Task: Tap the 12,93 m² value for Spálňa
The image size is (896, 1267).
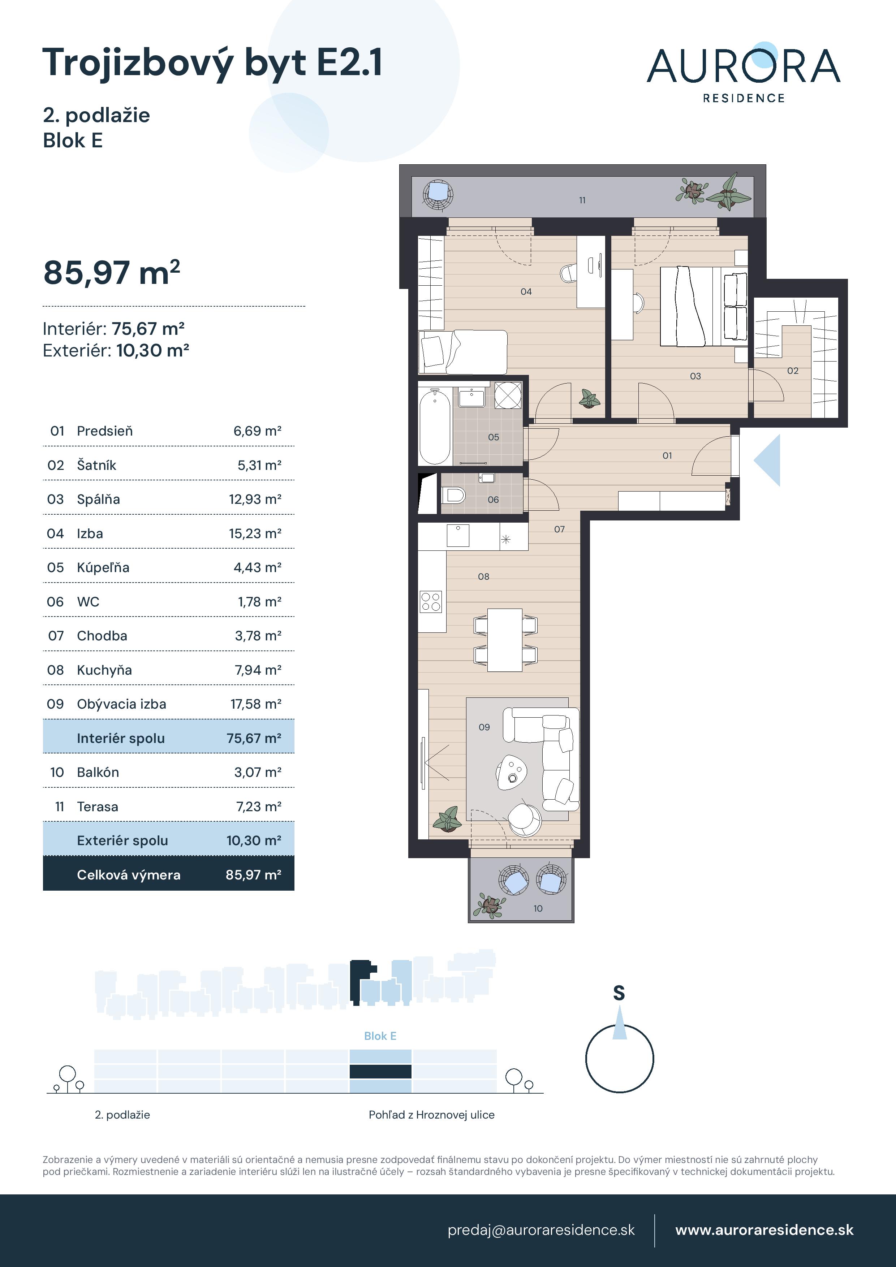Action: pos(255,500)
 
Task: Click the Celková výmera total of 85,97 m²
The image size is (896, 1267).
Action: pos(253,875)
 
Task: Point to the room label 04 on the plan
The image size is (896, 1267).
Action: pos(526,291)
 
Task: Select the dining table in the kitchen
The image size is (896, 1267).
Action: pos(505,640)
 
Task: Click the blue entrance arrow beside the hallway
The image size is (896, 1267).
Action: pos(768,460)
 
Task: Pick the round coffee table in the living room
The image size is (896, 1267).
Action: pos(511,771)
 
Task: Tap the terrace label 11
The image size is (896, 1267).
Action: pos(582,200)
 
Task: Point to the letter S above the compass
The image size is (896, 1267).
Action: pos(619,993)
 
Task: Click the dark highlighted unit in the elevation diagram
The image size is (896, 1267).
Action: pos(380,1072)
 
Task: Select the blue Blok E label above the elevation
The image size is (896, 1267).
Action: pos(380,1036)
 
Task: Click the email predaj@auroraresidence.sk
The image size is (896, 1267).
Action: pos(541,1230)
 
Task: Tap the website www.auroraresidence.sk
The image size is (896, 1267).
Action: pos(764,1230)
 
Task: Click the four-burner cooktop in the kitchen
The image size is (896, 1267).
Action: pos(431,601)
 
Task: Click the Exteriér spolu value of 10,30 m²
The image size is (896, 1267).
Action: pos(253,840)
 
